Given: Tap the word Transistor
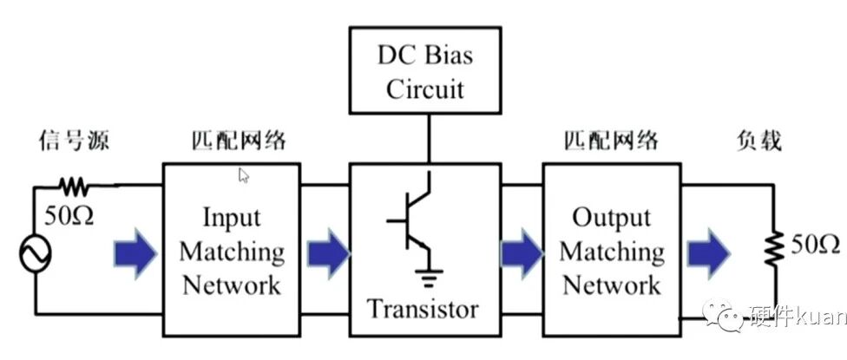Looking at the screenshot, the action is (423, 310).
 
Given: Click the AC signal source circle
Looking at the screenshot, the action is (36, 253).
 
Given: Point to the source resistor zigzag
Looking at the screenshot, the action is (74, 187).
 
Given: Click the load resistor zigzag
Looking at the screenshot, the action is (776, 248).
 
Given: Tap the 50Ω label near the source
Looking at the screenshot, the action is (69, 216).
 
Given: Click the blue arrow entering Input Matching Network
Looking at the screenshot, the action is (135, 253).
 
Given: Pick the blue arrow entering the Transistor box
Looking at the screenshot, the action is (329, 253).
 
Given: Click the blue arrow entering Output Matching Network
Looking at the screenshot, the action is (522, 253).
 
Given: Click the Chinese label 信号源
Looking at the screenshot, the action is (74, 141).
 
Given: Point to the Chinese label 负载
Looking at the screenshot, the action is (759, 141).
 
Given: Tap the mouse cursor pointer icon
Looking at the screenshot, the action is (244, 175).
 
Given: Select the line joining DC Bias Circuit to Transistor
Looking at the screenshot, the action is (430, 139).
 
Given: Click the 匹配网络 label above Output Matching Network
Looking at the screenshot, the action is (611, 141).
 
